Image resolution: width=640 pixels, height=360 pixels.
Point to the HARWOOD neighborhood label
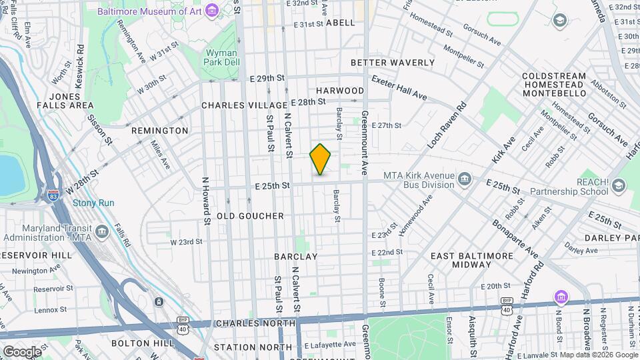340,91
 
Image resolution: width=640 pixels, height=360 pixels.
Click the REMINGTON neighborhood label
160,131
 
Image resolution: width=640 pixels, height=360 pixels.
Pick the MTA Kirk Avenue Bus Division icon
465,178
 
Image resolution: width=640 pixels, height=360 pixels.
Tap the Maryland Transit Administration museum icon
101,231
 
